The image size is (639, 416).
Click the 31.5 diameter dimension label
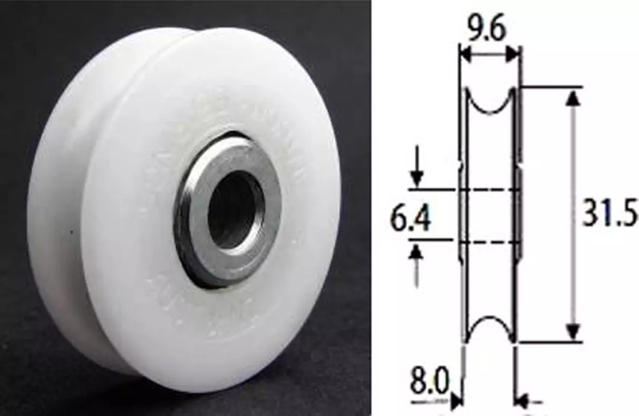pos(609,215)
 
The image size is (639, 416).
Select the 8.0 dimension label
pos(429,383)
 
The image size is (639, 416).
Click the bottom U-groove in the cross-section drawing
pos(490,327)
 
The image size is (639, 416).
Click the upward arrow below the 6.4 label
pos(417,258)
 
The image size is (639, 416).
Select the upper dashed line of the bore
pos(488,189)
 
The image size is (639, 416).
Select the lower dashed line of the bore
pos(488,242)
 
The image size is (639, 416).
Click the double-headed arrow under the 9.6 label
pos(489,54)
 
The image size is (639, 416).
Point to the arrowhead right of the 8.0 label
pos(454,402)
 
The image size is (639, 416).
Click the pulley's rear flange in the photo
pos(53,211)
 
